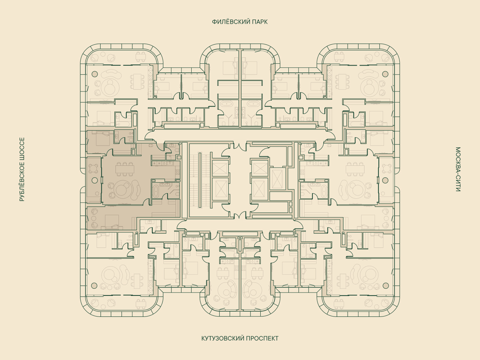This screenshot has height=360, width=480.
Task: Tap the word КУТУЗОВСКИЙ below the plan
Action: coord(222,338)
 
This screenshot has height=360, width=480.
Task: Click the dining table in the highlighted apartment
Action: coord(124,169)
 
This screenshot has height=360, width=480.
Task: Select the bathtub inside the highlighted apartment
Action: coord(156,192)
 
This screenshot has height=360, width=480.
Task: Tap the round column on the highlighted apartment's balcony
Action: coord(95,180)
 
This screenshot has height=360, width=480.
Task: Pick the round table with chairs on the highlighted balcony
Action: coord(94,169)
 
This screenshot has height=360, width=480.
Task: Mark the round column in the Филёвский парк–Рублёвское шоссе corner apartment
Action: coord(95,74)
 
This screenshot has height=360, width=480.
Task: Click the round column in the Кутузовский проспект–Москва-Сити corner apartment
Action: coord(386,285)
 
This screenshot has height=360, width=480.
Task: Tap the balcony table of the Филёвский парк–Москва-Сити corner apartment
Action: coord(339,57)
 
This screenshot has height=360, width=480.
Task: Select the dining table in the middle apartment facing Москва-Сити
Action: coord(355,169)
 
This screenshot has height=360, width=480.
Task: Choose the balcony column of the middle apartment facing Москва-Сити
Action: coord(385,180)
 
